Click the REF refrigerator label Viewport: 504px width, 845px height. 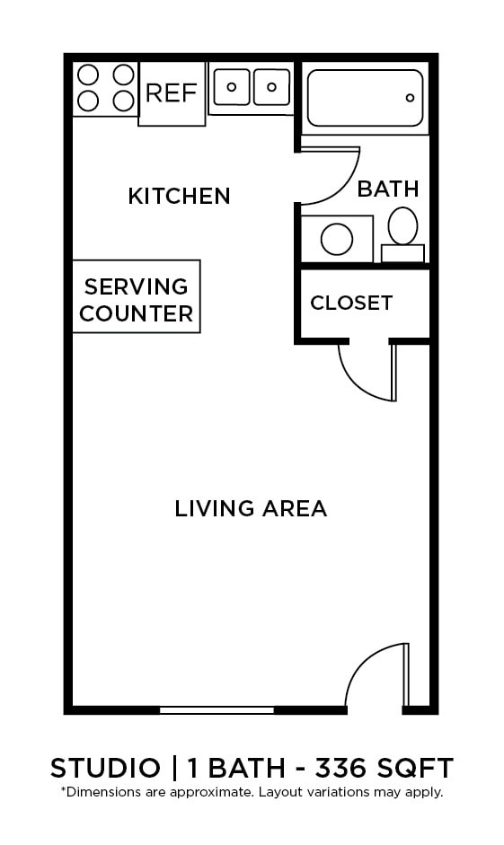coord(171,92)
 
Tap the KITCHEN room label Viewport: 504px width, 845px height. coord(179,195)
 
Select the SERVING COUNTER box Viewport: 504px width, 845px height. coord(137,299)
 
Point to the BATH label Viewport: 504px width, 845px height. coord(388,189)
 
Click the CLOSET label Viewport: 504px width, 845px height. coord(351,303)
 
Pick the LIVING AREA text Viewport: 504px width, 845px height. coord(251,509)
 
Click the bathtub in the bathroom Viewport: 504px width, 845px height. coord(365,98)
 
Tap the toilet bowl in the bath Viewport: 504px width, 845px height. coord(402,225)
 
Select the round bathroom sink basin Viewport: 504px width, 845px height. coord(337,240)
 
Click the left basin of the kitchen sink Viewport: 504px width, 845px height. coord(231,87)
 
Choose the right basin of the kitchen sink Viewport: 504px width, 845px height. coord(271,87)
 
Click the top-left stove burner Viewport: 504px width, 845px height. coord(88,75)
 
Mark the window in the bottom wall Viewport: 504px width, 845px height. coord(217,710)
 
